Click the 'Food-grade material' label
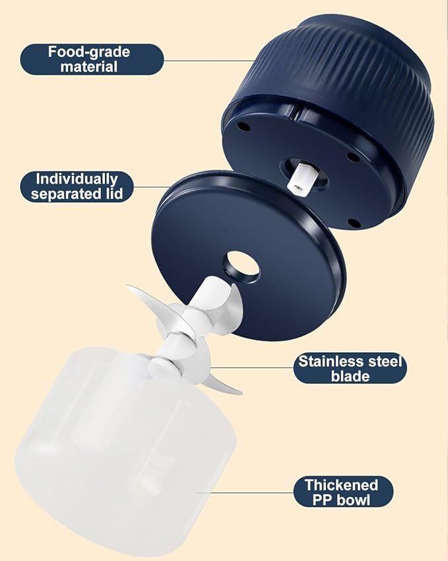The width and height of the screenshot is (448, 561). pos(92,59)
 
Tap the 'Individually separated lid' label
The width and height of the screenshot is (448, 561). pos(77,187)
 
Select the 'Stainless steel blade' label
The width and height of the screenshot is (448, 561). pos(350,368)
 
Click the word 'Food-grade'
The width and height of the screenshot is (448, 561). pos(89,52)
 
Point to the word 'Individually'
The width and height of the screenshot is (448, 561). pos(77,179)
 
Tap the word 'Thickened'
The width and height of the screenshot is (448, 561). pos(342,485)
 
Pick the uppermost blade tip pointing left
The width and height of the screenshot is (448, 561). pos(127,286)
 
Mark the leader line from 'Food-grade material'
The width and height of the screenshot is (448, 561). pos(209,60)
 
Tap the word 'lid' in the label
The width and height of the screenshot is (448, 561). pos(115,194)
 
